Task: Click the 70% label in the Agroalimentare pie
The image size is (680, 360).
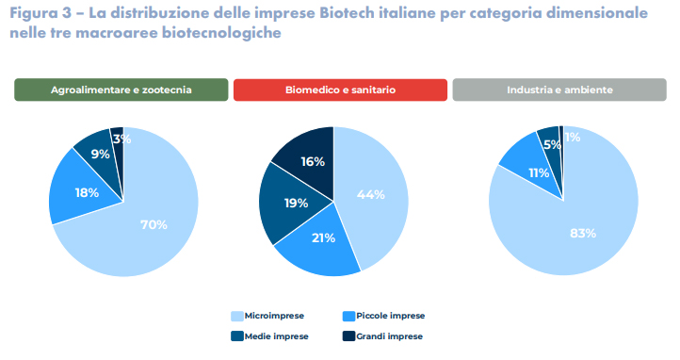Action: coord(154,224)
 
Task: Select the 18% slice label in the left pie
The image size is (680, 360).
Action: coord(87,192)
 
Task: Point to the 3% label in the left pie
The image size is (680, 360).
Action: coord(121,139)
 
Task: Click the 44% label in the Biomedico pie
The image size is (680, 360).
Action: coord(370,194)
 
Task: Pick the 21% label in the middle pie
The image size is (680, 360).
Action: coord(323,237)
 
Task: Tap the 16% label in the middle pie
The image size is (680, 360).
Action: coord(313,161)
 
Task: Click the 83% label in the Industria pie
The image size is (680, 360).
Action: coord(582,232)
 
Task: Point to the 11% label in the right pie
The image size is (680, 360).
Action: coord(538,172)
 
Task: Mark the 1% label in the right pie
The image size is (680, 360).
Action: coord(573,137)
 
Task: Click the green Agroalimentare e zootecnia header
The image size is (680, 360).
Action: coord(121,90)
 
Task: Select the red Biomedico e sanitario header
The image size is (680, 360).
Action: coord(340,90)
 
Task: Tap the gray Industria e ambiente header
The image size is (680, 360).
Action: coord(559,90)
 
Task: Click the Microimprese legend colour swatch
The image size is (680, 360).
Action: coord(238,316)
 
